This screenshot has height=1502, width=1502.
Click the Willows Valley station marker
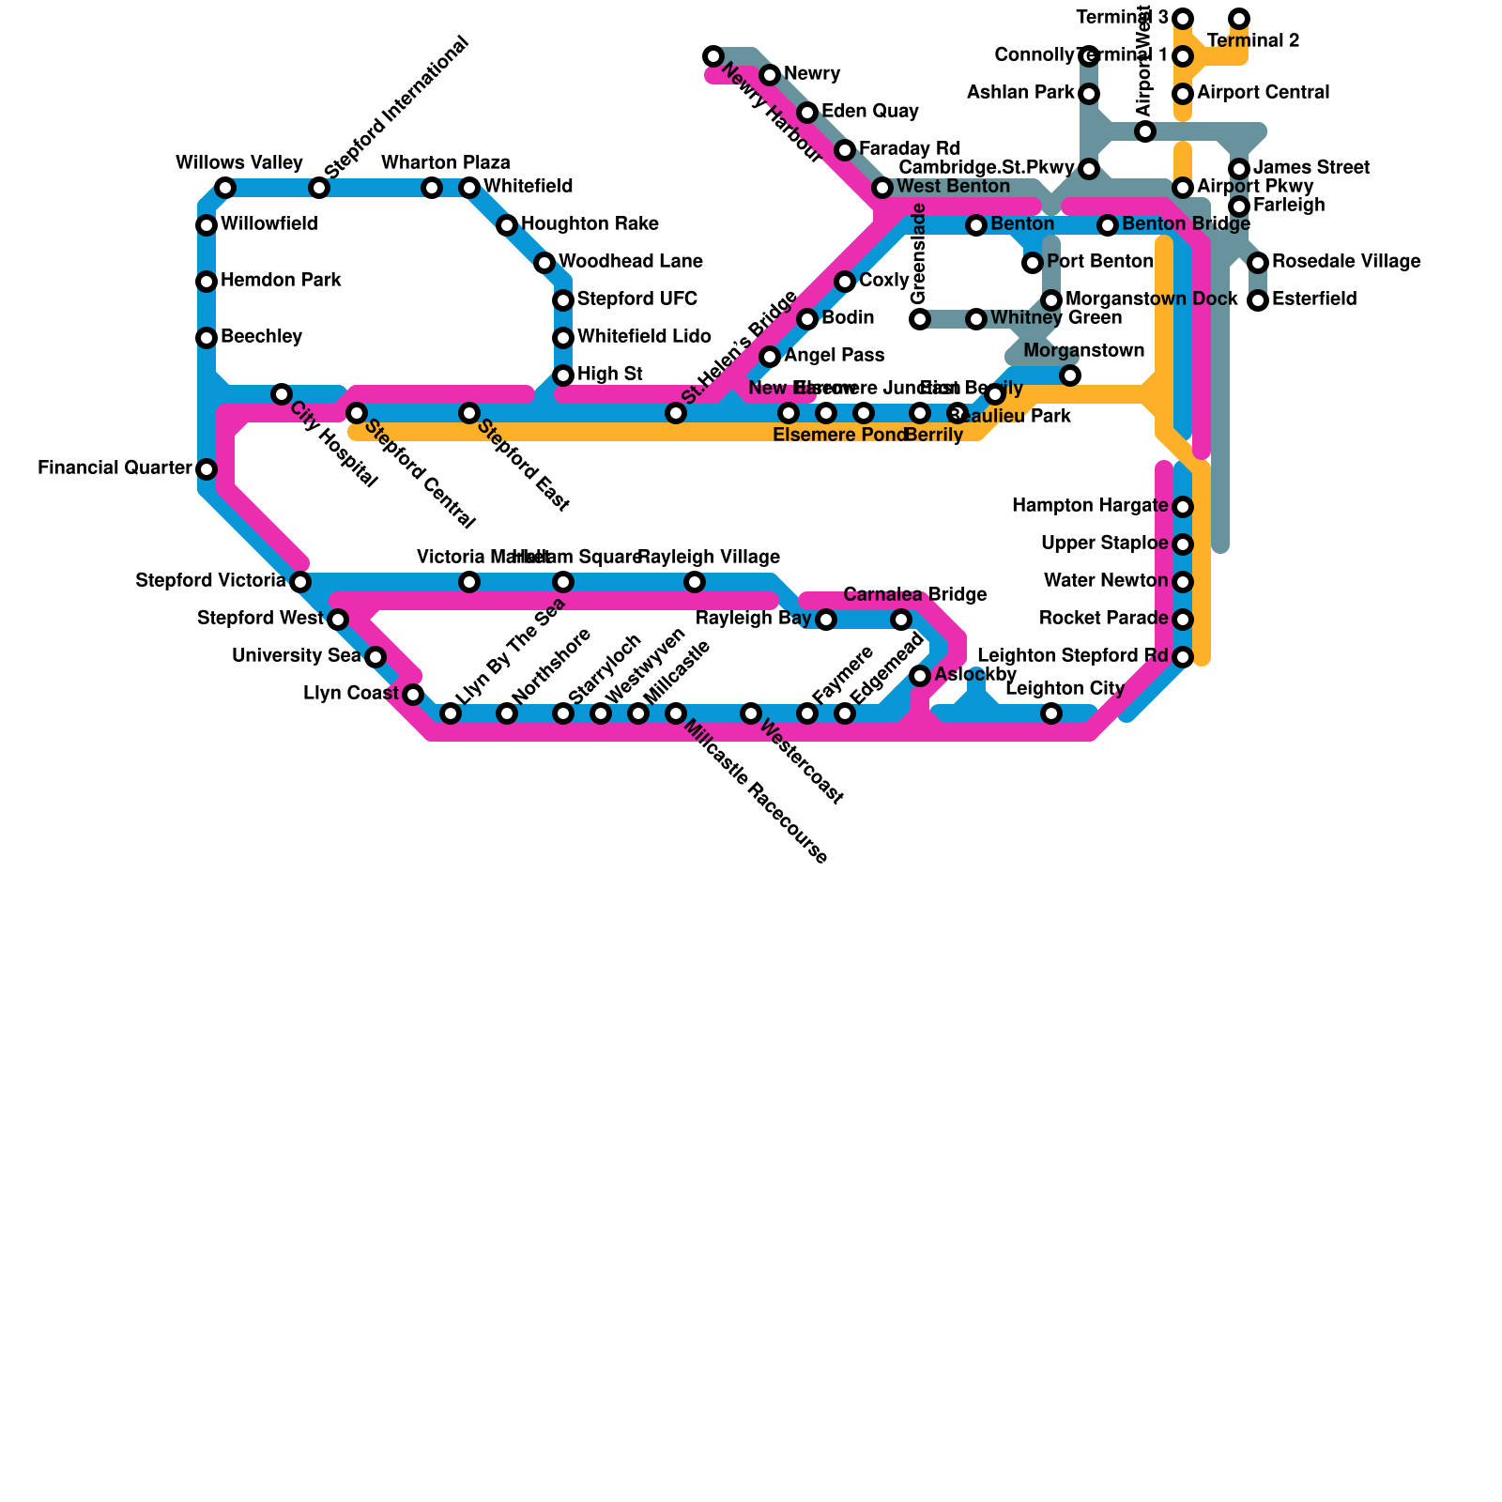[x=225, y=188]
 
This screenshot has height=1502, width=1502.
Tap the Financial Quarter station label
[x=115, y=468]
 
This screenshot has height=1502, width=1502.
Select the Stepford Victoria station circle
[x=300, y=582]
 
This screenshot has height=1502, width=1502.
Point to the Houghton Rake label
[x=590, y=224]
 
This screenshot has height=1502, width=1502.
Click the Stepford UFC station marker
[x=563, y=300]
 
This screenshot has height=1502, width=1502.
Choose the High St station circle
[x=563, y=375]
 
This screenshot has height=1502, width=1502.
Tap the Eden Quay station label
[x=869, y=112]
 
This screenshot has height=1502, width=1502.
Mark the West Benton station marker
[x=882, y=188]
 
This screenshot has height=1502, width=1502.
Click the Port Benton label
[x=1099, y=262]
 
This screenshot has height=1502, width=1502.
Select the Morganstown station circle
[x=1070, y=375]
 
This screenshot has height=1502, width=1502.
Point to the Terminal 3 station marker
[x=1183, y=19]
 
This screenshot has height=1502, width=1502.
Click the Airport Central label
[x=1263, y=93]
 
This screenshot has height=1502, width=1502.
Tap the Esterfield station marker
[x=1258, y=300]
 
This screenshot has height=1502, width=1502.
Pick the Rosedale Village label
[x=1345, y=262]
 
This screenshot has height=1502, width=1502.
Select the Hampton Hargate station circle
[x=1183, y=507]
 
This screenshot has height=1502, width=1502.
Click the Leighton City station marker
[x=1051, y=713]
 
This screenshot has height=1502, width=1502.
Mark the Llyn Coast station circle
[x=413, y=695]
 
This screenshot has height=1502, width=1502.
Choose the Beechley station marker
[x=207, y=338]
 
